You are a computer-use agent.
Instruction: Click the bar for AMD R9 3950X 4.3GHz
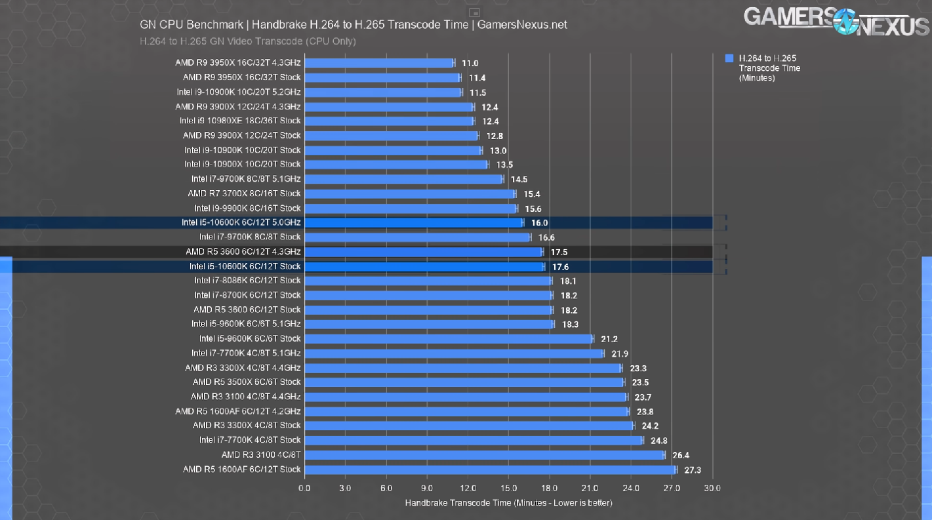pos(379,63)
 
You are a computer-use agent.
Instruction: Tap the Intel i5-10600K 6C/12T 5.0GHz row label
pos(241,223)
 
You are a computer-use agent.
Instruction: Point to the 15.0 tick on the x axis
pos(509,489)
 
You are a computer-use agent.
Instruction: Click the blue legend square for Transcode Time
pos(729,58)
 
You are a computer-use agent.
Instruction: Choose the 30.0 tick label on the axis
pos(712,489)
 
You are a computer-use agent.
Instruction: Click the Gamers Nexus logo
pos(836,20)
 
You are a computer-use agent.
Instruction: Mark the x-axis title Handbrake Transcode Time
pos(508,503)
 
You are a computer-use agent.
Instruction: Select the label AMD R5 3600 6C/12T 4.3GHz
pos(243,252)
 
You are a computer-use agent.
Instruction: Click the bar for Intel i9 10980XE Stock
pos(389,121)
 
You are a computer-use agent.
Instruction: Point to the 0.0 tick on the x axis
pos(304,489)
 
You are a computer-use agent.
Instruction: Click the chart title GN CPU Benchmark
pos(353,25)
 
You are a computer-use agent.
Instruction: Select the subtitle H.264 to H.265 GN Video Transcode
pos(248,41)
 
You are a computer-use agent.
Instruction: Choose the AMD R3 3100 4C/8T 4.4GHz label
pos(245,397)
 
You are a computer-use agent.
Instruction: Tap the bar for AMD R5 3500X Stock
pos(464,382)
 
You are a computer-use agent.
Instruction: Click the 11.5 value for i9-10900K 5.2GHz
pos(477,93)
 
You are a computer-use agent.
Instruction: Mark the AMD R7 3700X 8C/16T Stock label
pos(244,193)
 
